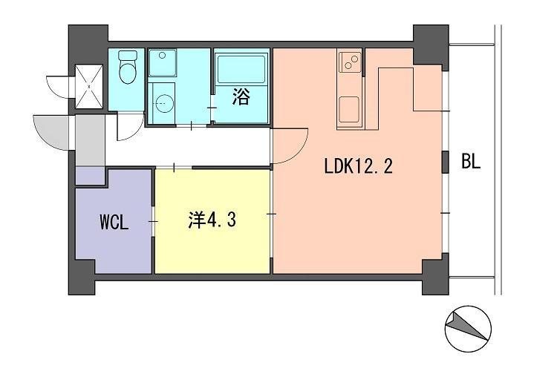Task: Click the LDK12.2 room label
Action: coord(357,166)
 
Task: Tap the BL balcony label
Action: coord(470,162)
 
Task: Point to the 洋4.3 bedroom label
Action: coord(212,220)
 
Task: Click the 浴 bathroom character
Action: coord(241,97)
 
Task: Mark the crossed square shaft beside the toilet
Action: coord(91,87)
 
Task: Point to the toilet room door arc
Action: coord(128,126)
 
